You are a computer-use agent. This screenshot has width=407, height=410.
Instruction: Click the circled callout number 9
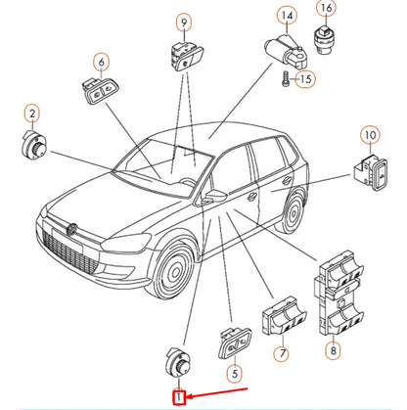[184, 23]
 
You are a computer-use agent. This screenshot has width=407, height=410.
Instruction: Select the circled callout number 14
[287, 16]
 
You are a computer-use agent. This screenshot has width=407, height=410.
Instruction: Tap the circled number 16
[326, 8]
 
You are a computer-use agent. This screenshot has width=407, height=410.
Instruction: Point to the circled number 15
[305, 79]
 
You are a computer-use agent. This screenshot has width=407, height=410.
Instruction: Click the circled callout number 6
[102, 62]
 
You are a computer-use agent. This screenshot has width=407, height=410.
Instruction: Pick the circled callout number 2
[32, 114]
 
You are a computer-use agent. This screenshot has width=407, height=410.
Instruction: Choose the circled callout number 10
[370, 135]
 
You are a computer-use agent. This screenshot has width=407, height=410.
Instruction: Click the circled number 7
[282, 352]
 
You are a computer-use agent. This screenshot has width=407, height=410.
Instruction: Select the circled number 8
[333, 350]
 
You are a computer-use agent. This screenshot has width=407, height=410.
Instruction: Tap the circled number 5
[235, 373]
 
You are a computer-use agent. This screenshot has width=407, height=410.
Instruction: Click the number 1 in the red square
[179, 397]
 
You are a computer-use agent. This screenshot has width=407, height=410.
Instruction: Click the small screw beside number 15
[285, 79]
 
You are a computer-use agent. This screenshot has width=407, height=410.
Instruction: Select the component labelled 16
[323, 40]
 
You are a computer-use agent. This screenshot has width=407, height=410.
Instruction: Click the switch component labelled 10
[371, 172]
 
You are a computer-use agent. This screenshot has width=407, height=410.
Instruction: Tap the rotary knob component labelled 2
[34, 144]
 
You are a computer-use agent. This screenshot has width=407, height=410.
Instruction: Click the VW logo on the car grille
[71, 229]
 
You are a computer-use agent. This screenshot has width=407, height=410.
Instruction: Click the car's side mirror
[214, 196]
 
